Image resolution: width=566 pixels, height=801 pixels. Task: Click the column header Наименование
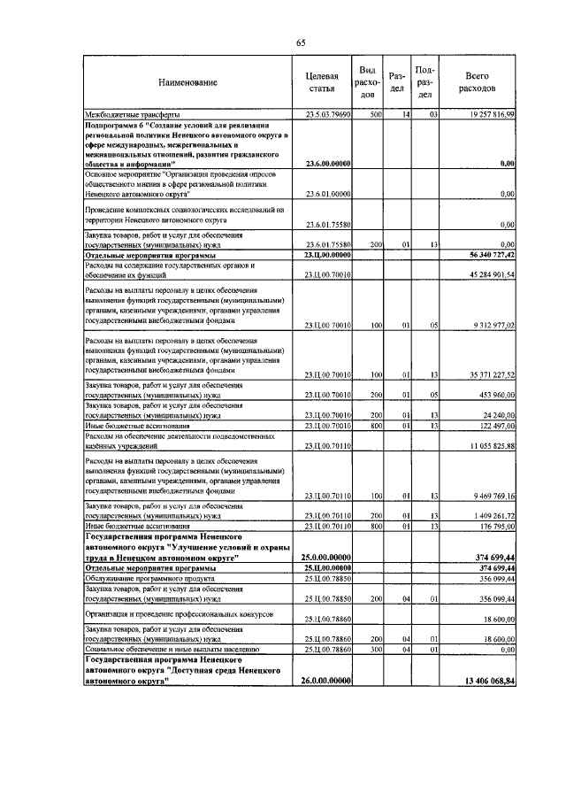point(187,82)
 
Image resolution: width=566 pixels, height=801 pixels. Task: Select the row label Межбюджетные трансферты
point(131,115)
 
